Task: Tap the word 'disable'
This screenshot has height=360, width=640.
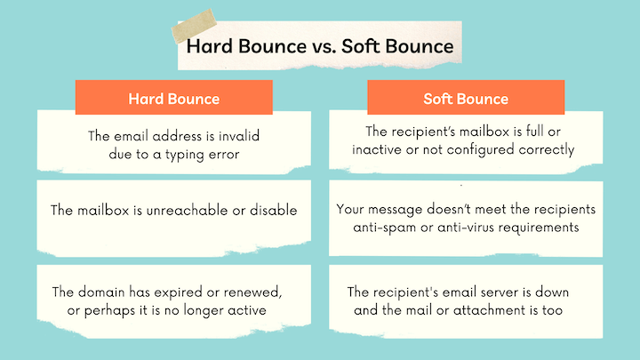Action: (x=270, y=211)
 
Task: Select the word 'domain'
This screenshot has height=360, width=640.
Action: (x=104, y=292)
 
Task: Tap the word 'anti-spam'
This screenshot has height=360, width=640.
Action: (x=388, y=228)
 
